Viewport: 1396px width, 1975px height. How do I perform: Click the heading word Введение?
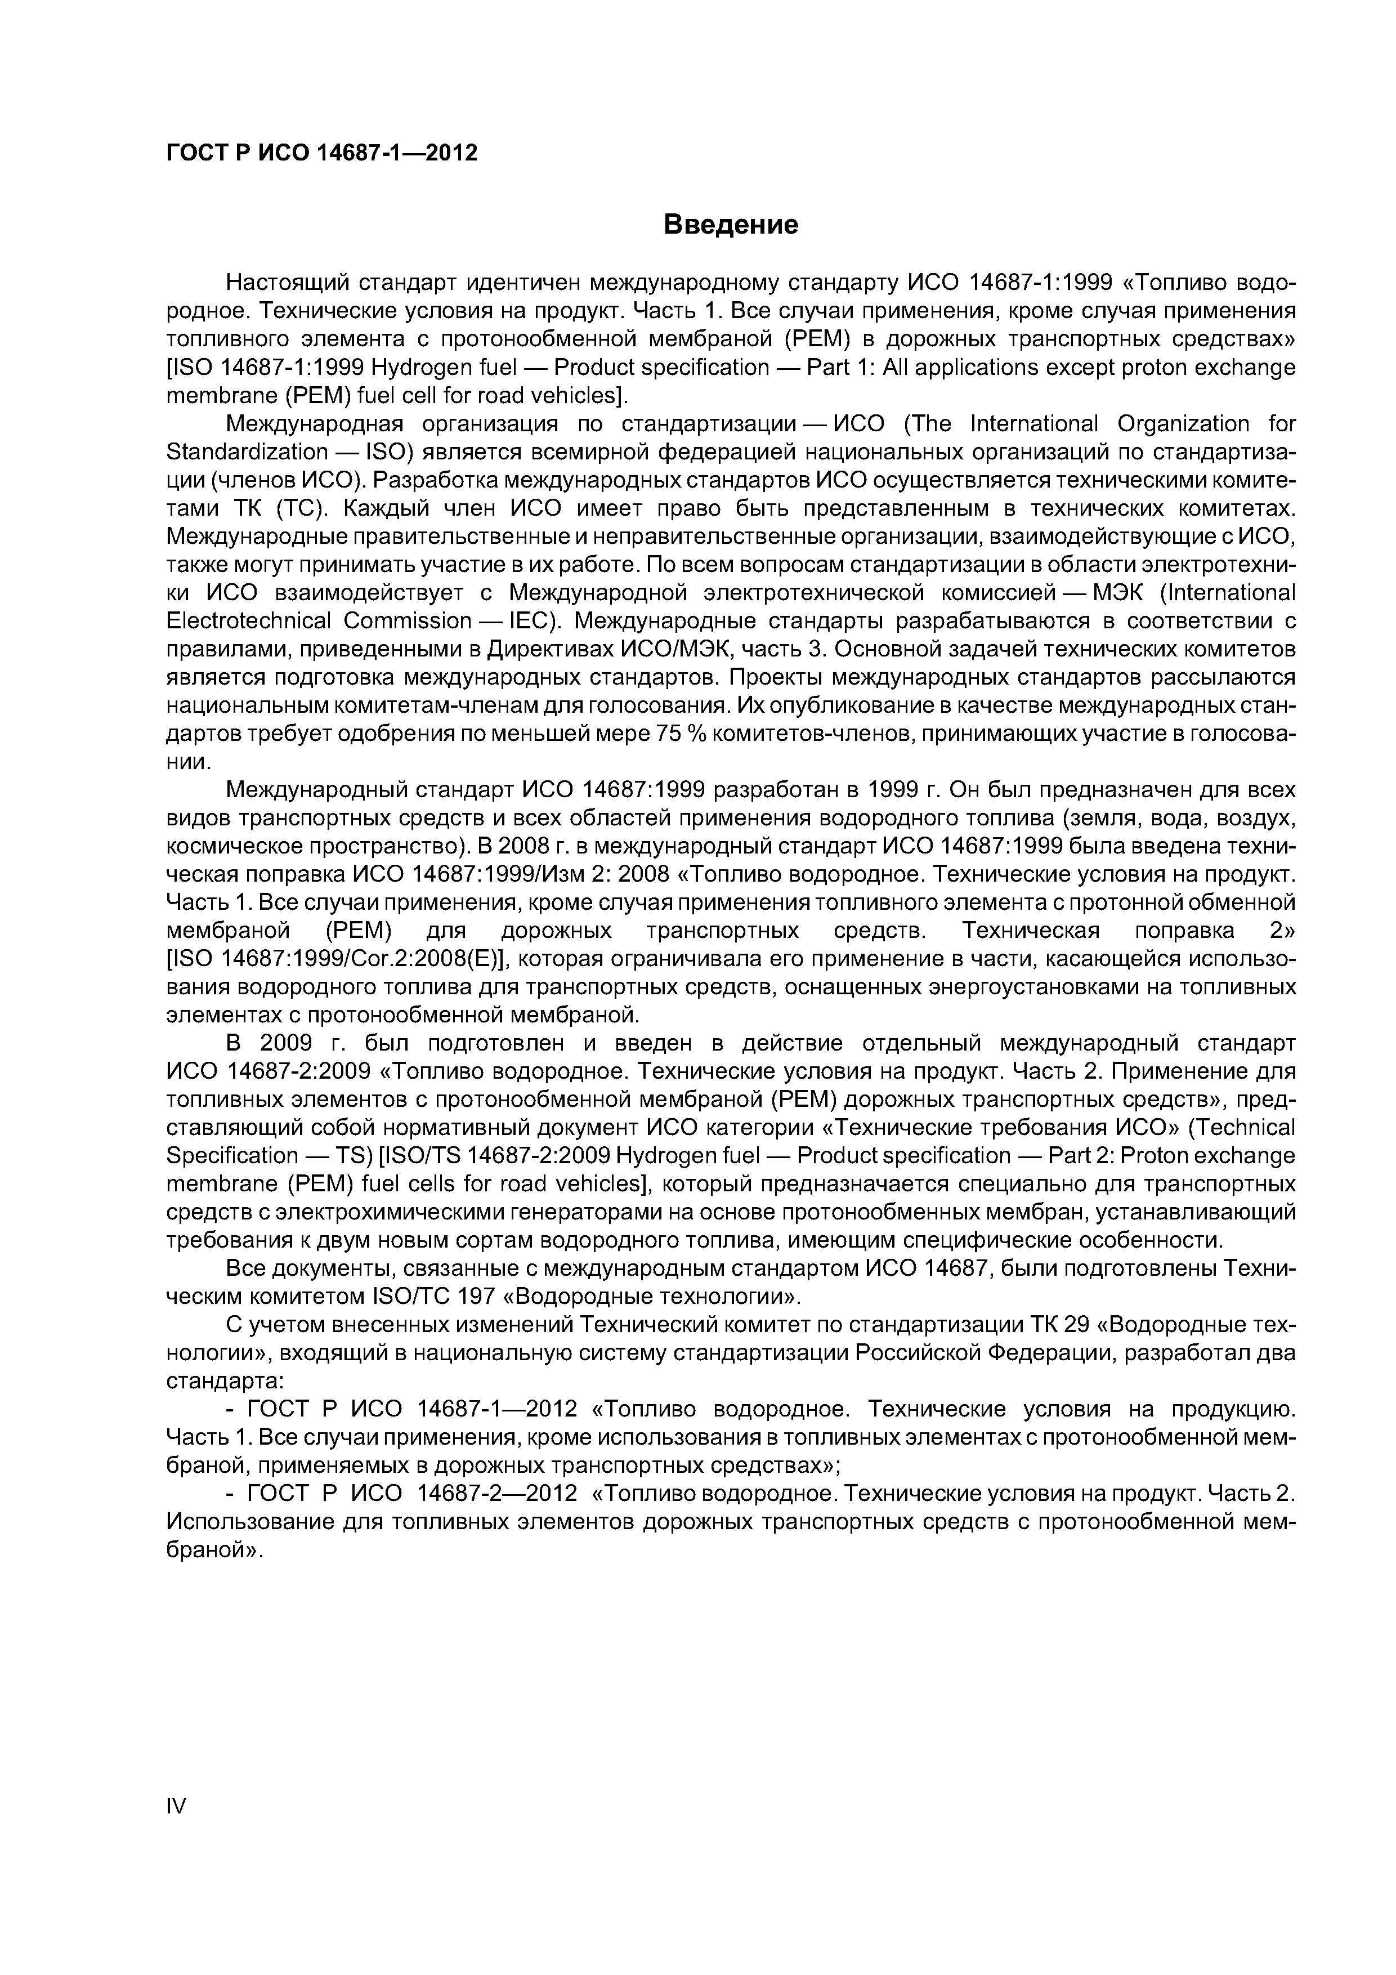pos(731,225)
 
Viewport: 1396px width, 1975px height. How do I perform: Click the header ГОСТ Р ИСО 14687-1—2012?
pos(321,153)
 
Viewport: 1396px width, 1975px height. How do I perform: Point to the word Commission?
pos(408,621)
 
